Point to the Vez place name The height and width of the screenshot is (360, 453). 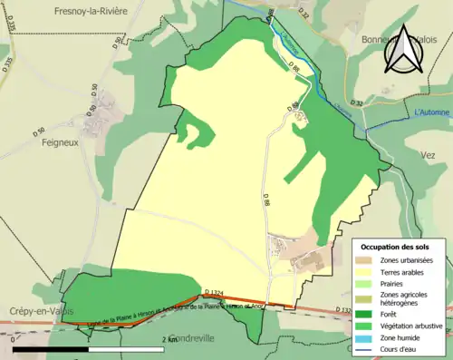pos(429,155)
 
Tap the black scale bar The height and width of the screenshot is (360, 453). pos(90,349)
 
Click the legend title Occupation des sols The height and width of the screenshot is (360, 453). pos(397,247)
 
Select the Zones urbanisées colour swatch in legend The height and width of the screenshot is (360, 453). pos(366,261)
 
